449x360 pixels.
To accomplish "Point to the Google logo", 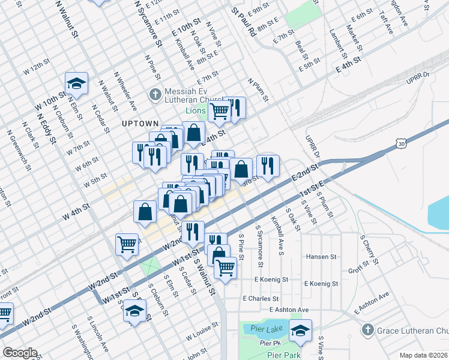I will pyautogui.click(x=20, y=353).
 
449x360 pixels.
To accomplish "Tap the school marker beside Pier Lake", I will pyautogui.click(x=300, y=330).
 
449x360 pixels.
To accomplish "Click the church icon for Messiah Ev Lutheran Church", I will pyautogui.click(x=155, y=94).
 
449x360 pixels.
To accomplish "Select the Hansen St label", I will pyautogui.click(x=321, y=256).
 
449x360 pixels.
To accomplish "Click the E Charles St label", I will pyautogui.click(x=261, y=298).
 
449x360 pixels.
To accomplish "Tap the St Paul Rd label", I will pyautogui.click(x=244, y=23).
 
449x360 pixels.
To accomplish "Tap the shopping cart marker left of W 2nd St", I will pyautogui.click(x=127, y=244).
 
